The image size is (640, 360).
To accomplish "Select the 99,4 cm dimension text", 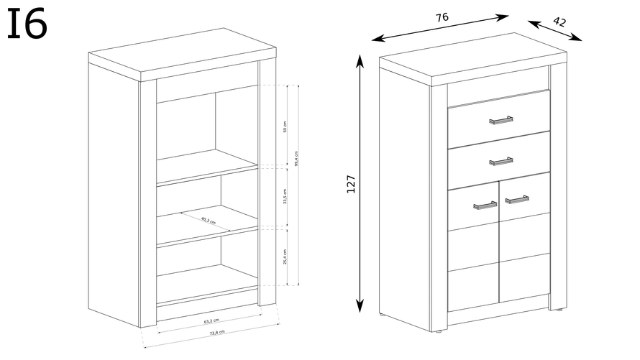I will click(x=297, y=157).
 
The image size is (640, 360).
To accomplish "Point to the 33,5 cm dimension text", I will click(x=285, y=196).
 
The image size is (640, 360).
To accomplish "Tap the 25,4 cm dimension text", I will click(x=285, y=257).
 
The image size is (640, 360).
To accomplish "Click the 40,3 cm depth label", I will click(x=209, y=220).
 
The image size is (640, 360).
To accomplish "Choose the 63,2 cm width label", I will click(x=211, y=320).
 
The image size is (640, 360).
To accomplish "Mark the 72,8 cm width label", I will click(x=216, y=332).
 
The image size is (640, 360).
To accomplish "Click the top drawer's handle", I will click(x=500, y=119).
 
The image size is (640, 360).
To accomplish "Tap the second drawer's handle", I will click(x=500, y=160).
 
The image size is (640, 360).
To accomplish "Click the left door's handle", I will click(x=485, y=206).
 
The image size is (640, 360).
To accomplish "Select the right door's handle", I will click(x=516, y=198).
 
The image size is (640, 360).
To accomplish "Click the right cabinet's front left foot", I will click(x=381, y=315).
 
